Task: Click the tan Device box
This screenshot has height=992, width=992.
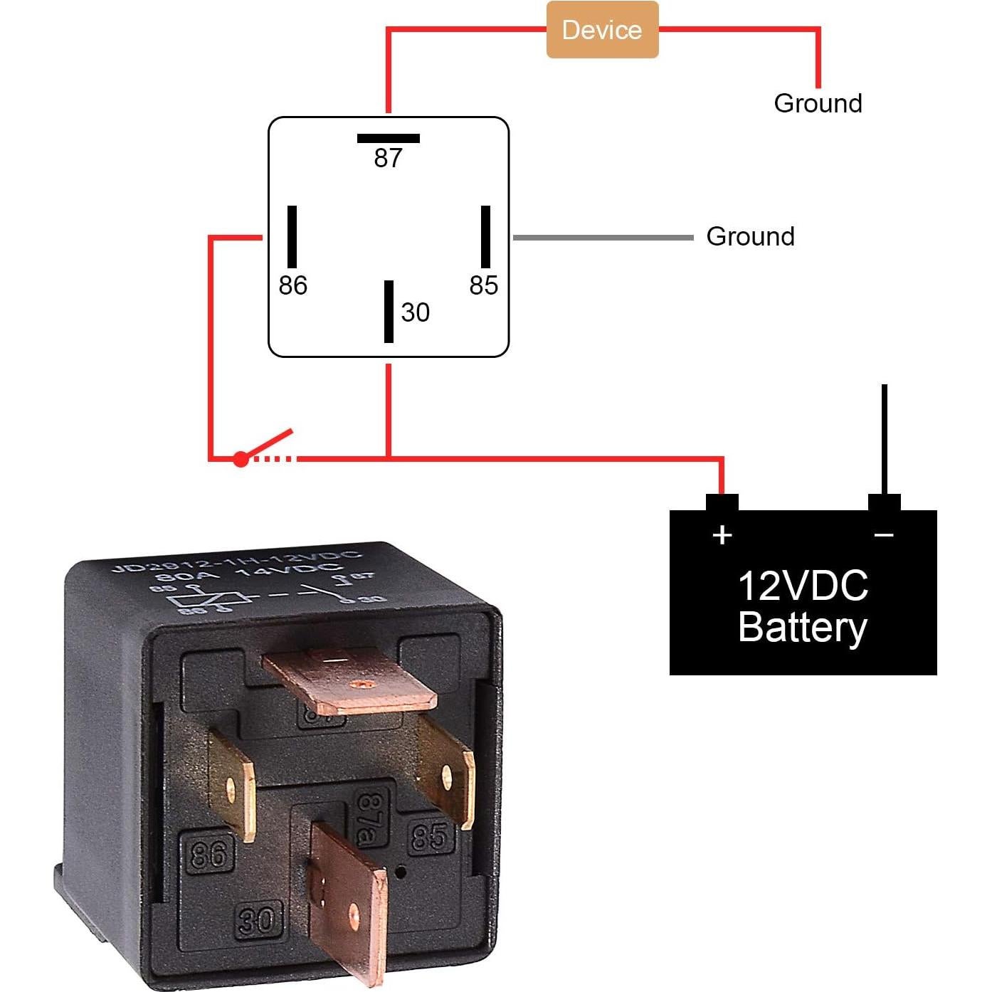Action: [602, 30]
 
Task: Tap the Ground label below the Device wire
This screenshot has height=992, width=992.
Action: [818, 103]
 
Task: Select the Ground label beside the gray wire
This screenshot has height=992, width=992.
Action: [750, 236]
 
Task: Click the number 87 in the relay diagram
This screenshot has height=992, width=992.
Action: [388, 158]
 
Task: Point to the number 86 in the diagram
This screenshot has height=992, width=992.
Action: [292, 285]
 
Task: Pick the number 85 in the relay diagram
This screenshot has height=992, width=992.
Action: [483, 285]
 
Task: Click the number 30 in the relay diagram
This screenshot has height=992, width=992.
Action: [415, 312]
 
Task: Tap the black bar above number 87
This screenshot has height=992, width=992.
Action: [388, 138]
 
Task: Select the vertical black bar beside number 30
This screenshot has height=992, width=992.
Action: [389, 312]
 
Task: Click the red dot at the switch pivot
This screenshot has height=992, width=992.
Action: [241, 460]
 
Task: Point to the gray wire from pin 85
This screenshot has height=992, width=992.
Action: [602, 237]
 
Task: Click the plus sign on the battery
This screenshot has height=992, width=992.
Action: [722, 534]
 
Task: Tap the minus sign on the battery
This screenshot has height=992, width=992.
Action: [884, 534]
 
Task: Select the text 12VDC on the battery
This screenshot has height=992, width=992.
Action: [803, 586]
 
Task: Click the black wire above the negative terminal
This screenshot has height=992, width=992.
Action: [884, 438]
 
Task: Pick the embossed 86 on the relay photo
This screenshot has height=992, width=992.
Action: [208, 853]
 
